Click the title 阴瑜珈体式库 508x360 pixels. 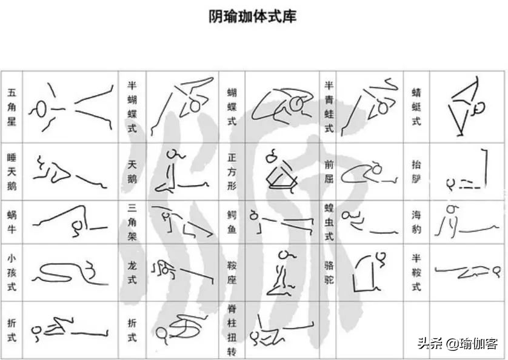click(x=253, y=16)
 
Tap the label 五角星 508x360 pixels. click(x=12, y=107)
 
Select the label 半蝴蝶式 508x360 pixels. click(x=132, y=107)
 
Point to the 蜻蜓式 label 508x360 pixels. click(x=416, y=107)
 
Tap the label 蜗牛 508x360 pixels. click(x=12, y=222)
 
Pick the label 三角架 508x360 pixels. click(x=132, y=222)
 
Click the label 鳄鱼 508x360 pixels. click(x=231, y=222)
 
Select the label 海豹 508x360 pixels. click(x=416, y=222)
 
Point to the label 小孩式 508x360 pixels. click(x=12, y=272)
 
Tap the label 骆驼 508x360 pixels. click(x=329, y=272)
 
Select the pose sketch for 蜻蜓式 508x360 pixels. click(x=467, y=106)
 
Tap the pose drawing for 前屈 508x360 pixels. click(x=369, y=172)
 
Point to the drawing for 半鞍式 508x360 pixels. click(x=467, y=272)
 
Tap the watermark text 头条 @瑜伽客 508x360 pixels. click(x=458, y=344)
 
